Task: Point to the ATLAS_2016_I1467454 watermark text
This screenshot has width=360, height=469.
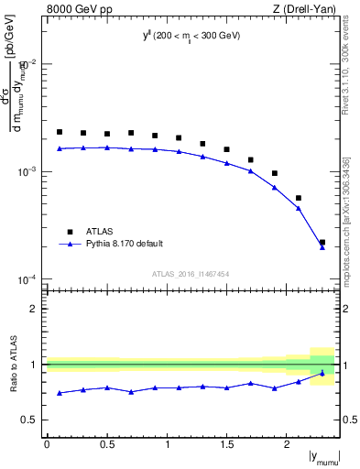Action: tap(189, 274)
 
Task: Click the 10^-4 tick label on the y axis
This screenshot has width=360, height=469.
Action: tap(29, 279)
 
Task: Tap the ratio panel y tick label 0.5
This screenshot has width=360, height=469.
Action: tap(31, 420)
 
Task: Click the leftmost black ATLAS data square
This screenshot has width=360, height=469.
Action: tap(60, 132)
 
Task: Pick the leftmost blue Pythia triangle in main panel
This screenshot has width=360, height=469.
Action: tap(60, 147)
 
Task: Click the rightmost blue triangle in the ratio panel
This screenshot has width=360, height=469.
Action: tap(322, 373)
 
